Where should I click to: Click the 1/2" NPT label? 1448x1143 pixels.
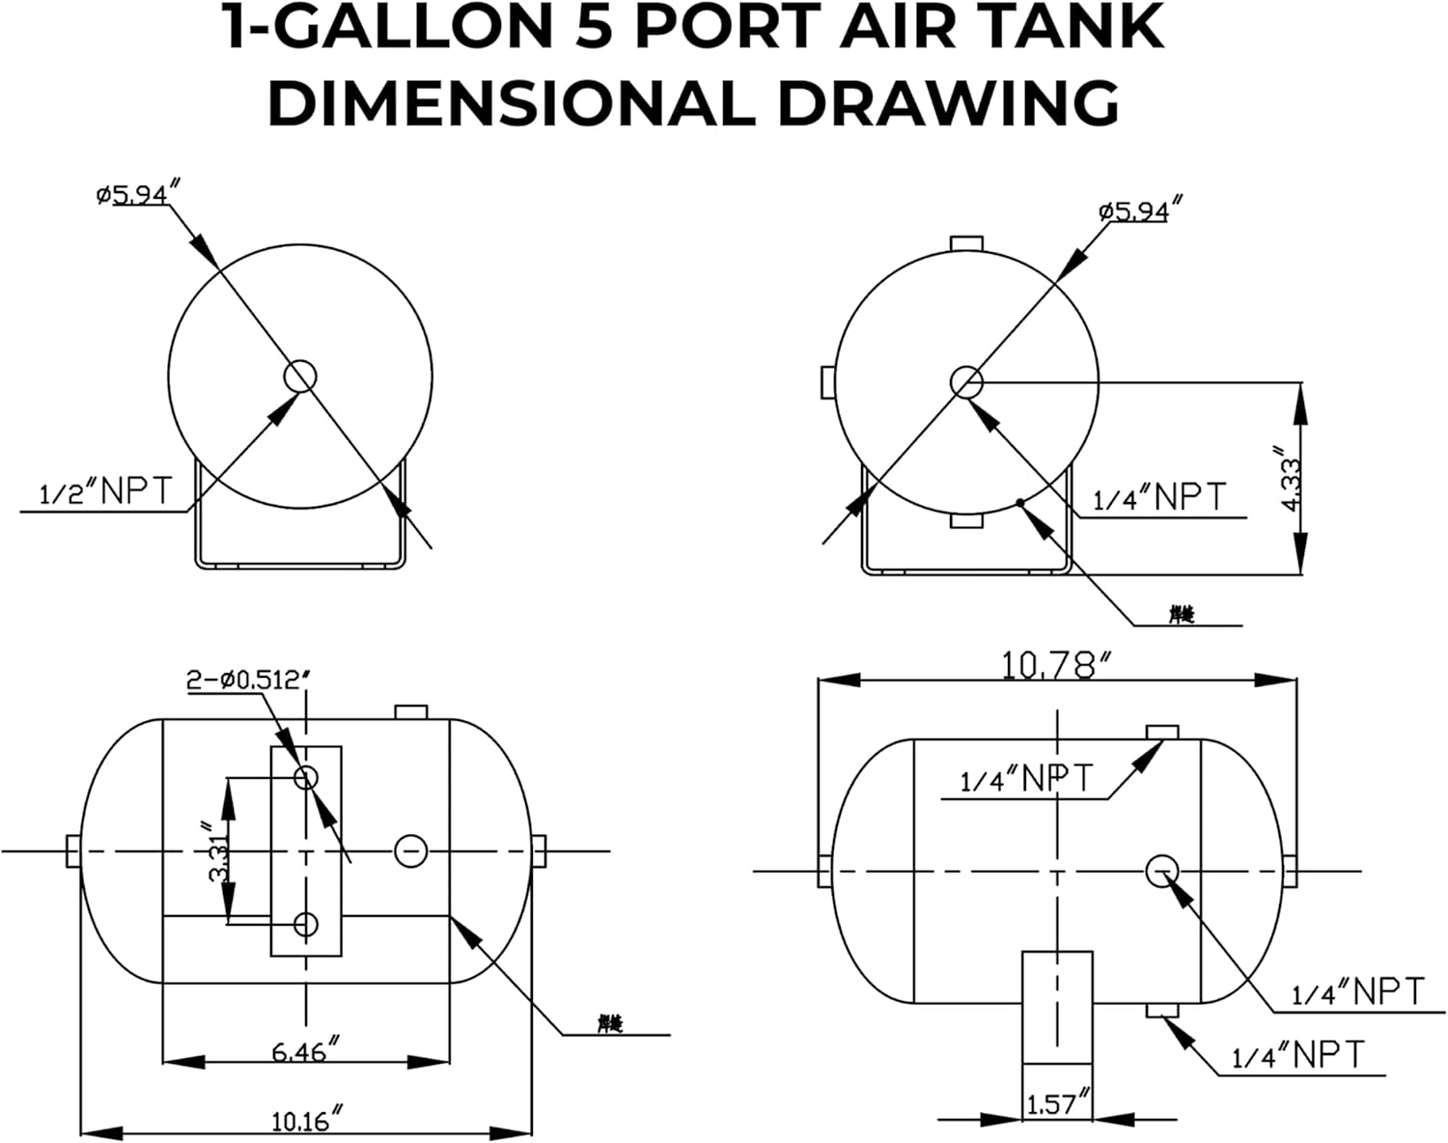(104, 492)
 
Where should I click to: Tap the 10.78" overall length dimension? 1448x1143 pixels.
(1057, 665)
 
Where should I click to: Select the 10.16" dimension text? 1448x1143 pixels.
(307, 1121)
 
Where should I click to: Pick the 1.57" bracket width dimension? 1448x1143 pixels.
(1057, 1102)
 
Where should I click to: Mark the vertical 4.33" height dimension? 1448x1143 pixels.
(1290, 478)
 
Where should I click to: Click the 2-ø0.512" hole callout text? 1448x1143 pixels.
(248, 680)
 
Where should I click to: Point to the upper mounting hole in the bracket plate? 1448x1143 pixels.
(306, 776)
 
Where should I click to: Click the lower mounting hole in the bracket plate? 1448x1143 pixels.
(306, 924)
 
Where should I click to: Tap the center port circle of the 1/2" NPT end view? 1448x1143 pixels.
(300, 375)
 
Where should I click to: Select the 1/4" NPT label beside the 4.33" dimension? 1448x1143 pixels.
(1158, 498)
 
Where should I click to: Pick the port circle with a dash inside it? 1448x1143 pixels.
(410, 850)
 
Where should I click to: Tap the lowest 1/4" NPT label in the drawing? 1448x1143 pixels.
(1298, 1054)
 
